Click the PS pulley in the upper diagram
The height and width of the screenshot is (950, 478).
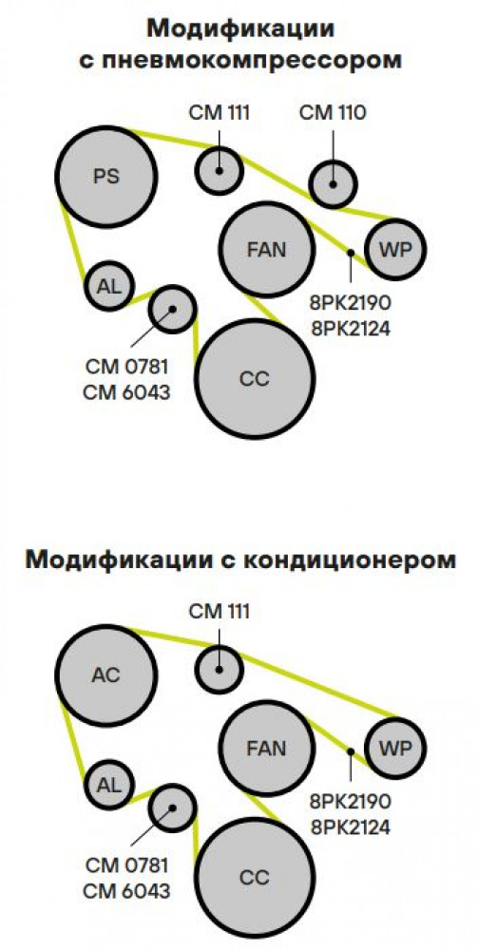[x=106, y=177]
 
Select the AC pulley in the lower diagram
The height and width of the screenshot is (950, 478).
[x=106, y=674]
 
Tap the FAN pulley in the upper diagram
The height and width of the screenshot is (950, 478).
[x=267, y=249]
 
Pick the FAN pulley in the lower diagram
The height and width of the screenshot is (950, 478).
[x=267, y=748]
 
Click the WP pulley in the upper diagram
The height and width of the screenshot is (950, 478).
[x=395, y=249]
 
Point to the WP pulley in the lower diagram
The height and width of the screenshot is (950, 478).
[x=395, y=748]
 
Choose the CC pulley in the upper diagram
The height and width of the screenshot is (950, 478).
[x=255, y=379]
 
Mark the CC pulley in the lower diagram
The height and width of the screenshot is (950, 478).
[x=255, y=877]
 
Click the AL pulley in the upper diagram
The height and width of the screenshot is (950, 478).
[x=109, y=286]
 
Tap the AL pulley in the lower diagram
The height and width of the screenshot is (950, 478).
[x=109, y=785]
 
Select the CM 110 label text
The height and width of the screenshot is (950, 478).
[x=334, y=113]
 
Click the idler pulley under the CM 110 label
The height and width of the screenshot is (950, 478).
[x=334, y=184]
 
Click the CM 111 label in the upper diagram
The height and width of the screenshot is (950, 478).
[x=220, y=113]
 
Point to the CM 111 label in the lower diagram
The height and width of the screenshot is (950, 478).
[x=220, y=611]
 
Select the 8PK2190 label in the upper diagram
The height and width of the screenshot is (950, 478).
[x=351, y=304]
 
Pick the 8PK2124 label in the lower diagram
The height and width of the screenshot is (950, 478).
[x=351, y=827]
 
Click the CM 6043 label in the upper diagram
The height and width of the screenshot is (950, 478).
[x=126, y=392]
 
